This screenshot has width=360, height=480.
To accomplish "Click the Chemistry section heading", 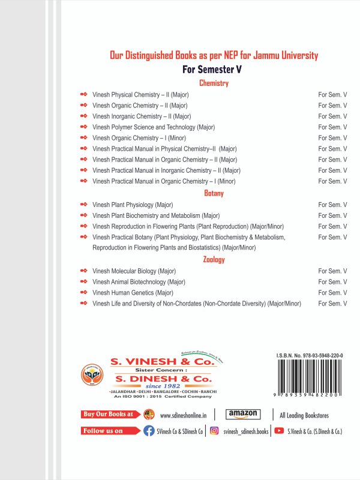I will point(214,83).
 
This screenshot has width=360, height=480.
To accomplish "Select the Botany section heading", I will point(214,193).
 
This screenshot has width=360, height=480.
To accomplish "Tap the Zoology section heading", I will point(214,259).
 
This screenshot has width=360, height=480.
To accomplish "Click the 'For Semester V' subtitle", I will point(214,70).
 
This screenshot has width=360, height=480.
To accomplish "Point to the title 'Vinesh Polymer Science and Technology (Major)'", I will point(154,127).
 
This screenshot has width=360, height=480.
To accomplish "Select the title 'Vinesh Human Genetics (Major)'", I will point(133,293).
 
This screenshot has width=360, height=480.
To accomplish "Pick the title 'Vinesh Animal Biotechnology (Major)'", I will point(139,282).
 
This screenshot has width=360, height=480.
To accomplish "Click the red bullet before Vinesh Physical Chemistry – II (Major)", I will point(83,95).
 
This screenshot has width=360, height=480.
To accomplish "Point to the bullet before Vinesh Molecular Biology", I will point(83,271).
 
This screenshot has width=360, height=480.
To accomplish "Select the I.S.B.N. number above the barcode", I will point(310,355).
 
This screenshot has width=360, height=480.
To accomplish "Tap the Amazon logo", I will point(243,414).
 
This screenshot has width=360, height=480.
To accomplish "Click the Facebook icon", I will point(149,431).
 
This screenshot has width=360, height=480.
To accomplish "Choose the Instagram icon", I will point(214,431).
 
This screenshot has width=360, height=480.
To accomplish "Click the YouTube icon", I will point(278,431).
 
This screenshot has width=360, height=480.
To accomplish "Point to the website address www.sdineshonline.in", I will point(184,415).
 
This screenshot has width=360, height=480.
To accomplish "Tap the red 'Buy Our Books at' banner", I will point(109,414).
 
